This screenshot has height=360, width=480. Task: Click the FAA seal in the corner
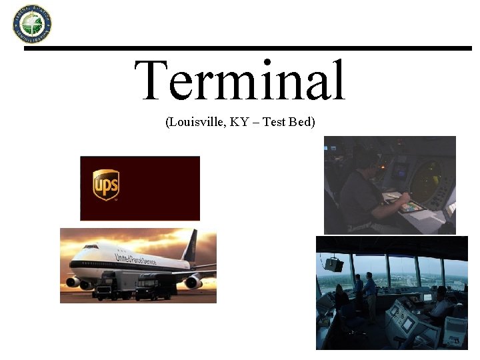32,23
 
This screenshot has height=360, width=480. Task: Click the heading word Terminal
240,81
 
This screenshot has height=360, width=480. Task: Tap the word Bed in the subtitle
301,123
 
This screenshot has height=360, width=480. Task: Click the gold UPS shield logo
106,185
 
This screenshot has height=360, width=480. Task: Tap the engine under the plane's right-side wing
193,282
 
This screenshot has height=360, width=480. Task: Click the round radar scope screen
427,181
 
